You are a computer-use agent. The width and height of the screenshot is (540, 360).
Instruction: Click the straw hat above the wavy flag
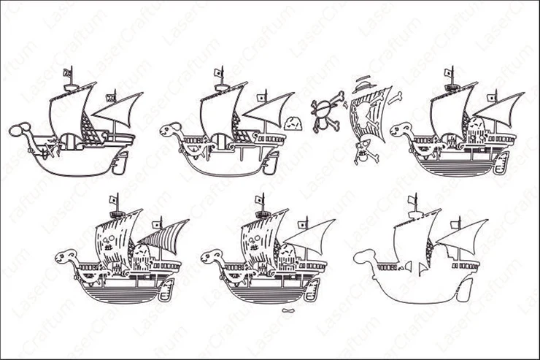pyautogui.click(x=364, y=85)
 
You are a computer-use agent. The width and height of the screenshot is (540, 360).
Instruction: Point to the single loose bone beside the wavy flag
pyautogui.click(x=395, y=98)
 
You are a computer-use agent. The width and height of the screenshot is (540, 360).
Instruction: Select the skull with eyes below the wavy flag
pyautogui.click(x=365, y=152)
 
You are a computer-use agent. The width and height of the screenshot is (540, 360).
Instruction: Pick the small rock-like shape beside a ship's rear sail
pyautogui.click(x=293, y=123)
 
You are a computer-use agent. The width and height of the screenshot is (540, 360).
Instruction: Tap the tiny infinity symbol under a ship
pyautogui.click(x=288, y=311)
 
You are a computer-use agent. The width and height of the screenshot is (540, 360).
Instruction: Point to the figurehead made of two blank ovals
pyautogui.click(x=19, y=129)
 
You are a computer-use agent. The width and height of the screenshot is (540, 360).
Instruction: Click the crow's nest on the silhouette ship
pyautogui.click(x=415, y=215)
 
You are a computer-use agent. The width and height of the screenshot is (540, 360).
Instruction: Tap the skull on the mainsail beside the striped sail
pyautogui.click(x=109, y=238)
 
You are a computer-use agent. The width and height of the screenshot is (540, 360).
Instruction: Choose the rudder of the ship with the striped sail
pyautogui.click(x=166, y=289)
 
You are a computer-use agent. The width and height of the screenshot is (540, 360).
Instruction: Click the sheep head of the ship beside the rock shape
pyautogui.click(x=170, y=129)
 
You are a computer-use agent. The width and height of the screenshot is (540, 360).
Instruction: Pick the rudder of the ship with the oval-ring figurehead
pyautogui.click(x=120, y=163)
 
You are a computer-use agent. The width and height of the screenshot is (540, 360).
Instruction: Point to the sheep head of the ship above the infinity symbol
pyautogui.click(x=212, y=256)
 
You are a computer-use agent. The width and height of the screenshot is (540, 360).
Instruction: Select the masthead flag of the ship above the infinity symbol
pyautogui.click(x=258, y=199)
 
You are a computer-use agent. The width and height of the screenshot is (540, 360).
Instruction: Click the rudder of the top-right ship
pyautogui.click(x=501, y=163)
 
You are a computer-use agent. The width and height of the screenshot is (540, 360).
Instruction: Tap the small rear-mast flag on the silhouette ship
pyautogui.click(x=455, y=225)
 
